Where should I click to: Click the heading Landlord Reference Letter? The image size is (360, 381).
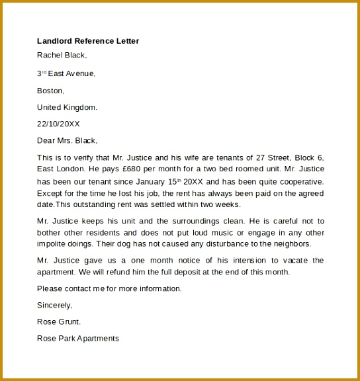(88, 41)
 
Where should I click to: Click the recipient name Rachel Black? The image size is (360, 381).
(62, 55)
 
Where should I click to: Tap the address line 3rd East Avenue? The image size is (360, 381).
(66, 73)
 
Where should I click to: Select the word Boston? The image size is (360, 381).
(51, 90)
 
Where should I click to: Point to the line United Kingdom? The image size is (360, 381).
(67, 106)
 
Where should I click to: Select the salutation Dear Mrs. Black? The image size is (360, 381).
(67, 140)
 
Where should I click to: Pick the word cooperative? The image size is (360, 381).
(301, 181)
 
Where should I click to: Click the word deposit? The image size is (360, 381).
(202, 272)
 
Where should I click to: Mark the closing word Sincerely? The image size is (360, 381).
(55, 305)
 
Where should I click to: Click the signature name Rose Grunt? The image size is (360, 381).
(60, 321)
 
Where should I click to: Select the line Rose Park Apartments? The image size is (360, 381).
(78, 338)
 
